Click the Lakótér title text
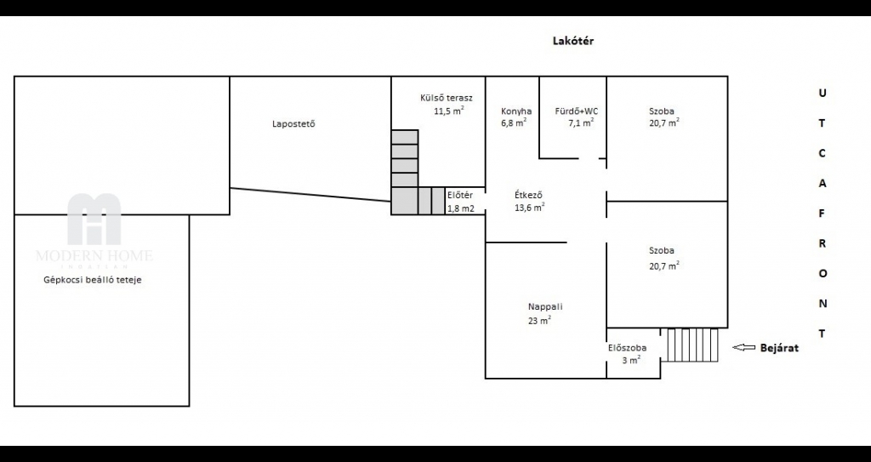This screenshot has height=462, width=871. [572, 41]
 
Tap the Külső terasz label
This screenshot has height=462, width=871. [447, 98]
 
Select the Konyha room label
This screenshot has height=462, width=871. [516, 111]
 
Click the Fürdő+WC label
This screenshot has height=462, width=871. [577, 111]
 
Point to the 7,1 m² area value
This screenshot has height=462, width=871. [581, 123]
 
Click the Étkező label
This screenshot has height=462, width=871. [528, 195]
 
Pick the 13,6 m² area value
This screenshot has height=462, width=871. [530, 208]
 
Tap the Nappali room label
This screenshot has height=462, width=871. [545, 307]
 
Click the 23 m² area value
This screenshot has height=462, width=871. [539, 320]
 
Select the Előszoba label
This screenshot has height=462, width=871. [627, 348]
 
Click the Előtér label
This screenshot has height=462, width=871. [460, 195]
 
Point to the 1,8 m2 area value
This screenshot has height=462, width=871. [461, 209]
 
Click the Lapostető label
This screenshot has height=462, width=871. [293, 123]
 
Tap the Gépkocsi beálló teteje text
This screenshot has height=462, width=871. [93, 280]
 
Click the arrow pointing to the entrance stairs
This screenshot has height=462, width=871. [743, 347]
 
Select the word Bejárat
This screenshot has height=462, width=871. [779, 348]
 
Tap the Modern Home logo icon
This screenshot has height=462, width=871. [94, 219]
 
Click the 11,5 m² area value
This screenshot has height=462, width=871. [449, 111]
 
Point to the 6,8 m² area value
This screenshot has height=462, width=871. [514, 123]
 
